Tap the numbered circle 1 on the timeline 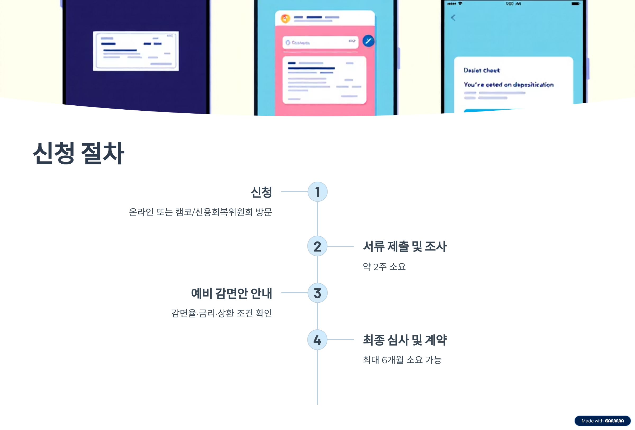point(317,192)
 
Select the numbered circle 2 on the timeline point(317,246)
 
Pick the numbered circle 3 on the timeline point(317,293)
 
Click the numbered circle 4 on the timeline point(317,339)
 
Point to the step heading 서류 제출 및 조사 point(404,246)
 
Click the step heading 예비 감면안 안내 point(232,293)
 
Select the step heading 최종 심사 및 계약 point(404,340)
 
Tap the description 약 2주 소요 point(384,266)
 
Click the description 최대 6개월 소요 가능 point(402,360)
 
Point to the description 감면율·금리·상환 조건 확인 point(222,313)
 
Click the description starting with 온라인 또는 point(200,212)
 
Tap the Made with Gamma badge point(602,421)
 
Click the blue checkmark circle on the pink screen point(368,41)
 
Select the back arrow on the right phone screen point(453,18)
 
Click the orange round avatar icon point(285,19)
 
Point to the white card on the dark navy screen point(136,51)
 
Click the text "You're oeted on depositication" point(509,85)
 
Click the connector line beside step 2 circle point(341,246)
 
